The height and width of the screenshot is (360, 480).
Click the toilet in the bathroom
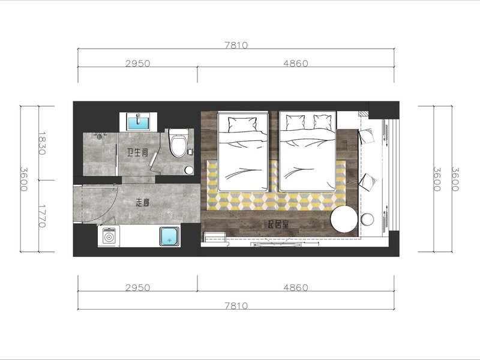click(178, 143)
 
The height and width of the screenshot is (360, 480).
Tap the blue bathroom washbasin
click(138, 122)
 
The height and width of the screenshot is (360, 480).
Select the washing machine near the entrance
click(109, 236)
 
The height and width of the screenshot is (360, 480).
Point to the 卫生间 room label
click(138, 152)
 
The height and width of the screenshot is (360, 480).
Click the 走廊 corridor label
click(142, 202)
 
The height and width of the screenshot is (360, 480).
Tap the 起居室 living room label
click(278, 224)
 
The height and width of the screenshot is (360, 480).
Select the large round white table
click(344, 219)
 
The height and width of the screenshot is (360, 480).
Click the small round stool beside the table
click(367, 220)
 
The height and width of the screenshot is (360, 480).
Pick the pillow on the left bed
click(242, 124)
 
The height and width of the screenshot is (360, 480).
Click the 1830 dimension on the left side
click(42, 143)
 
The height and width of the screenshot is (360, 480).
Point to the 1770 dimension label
click(42, 216)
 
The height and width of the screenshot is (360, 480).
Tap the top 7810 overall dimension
click(236, 46)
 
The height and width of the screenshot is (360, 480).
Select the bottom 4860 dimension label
click(296, 288)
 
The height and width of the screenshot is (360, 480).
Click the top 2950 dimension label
click(138, 64)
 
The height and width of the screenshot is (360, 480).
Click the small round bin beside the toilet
click(189, 170)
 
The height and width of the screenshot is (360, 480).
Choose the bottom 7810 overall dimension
click(236, 306)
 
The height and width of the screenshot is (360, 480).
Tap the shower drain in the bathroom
click(99, 137)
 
